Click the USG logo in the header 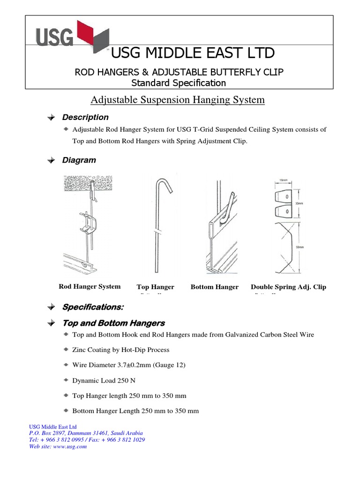pos(72,36)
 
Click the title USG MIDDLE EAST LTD pos(192,53)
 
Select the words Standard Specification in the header pos(179,83)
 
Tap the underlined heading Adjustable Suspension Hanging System pos(177,100)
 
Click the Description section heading pos(85,117)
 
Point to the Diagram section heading pos(79,160)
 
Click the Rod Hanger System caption pos(90,286)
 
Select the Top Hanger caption pos(155,287)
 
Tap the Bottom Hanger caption pos(214,287)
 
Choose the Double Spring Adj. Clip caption pos(288,287)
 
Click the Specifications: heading pos(93,307)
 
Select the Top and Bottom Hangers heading pos(113,323)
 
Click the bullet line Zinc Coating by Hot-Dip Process pos(120,350)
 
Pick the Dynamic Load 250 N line pos(105,380)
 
